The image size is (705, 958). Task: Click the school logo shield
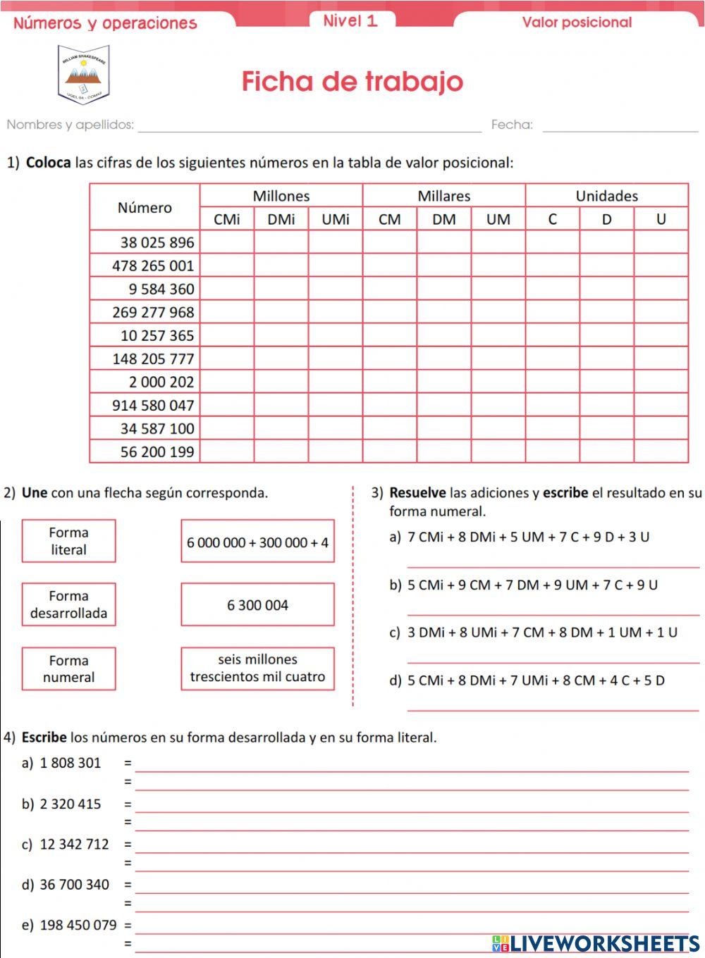coord(84,75)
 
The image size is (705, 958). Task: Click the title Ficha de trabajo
coord(352,82)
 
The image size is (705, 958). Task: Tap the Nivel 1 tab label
coord(350,20)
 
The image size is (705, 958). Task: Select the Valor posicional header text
coord(577,23)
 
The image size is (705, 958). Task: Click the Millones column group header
coord(281,196)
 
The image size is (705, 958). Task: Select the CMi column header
coord(227,219)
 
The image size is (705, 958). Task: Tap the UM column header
coord(498,219)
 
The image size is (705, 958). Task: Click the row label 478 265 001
coord(153,266)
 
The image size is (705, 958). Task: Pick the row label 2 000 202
coord(161,382)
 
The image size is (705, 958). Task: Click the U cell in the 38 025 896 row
coord(661,242)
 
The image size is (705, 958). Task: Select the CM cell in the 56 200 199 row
coord(390,452)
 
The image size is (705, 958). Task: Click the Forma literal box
coord(68,541)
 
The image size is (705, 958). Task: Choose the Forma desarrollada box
coord(68,604)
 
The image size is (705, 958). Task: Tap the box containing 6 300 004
coord(257,605)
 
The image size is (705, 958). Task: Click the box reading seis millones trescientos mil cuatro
coord(257,668)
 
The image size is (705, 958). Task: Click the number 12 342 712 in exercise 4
coord(75,844)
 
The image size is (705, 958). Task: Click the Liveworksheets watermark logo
coord(596,943)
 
